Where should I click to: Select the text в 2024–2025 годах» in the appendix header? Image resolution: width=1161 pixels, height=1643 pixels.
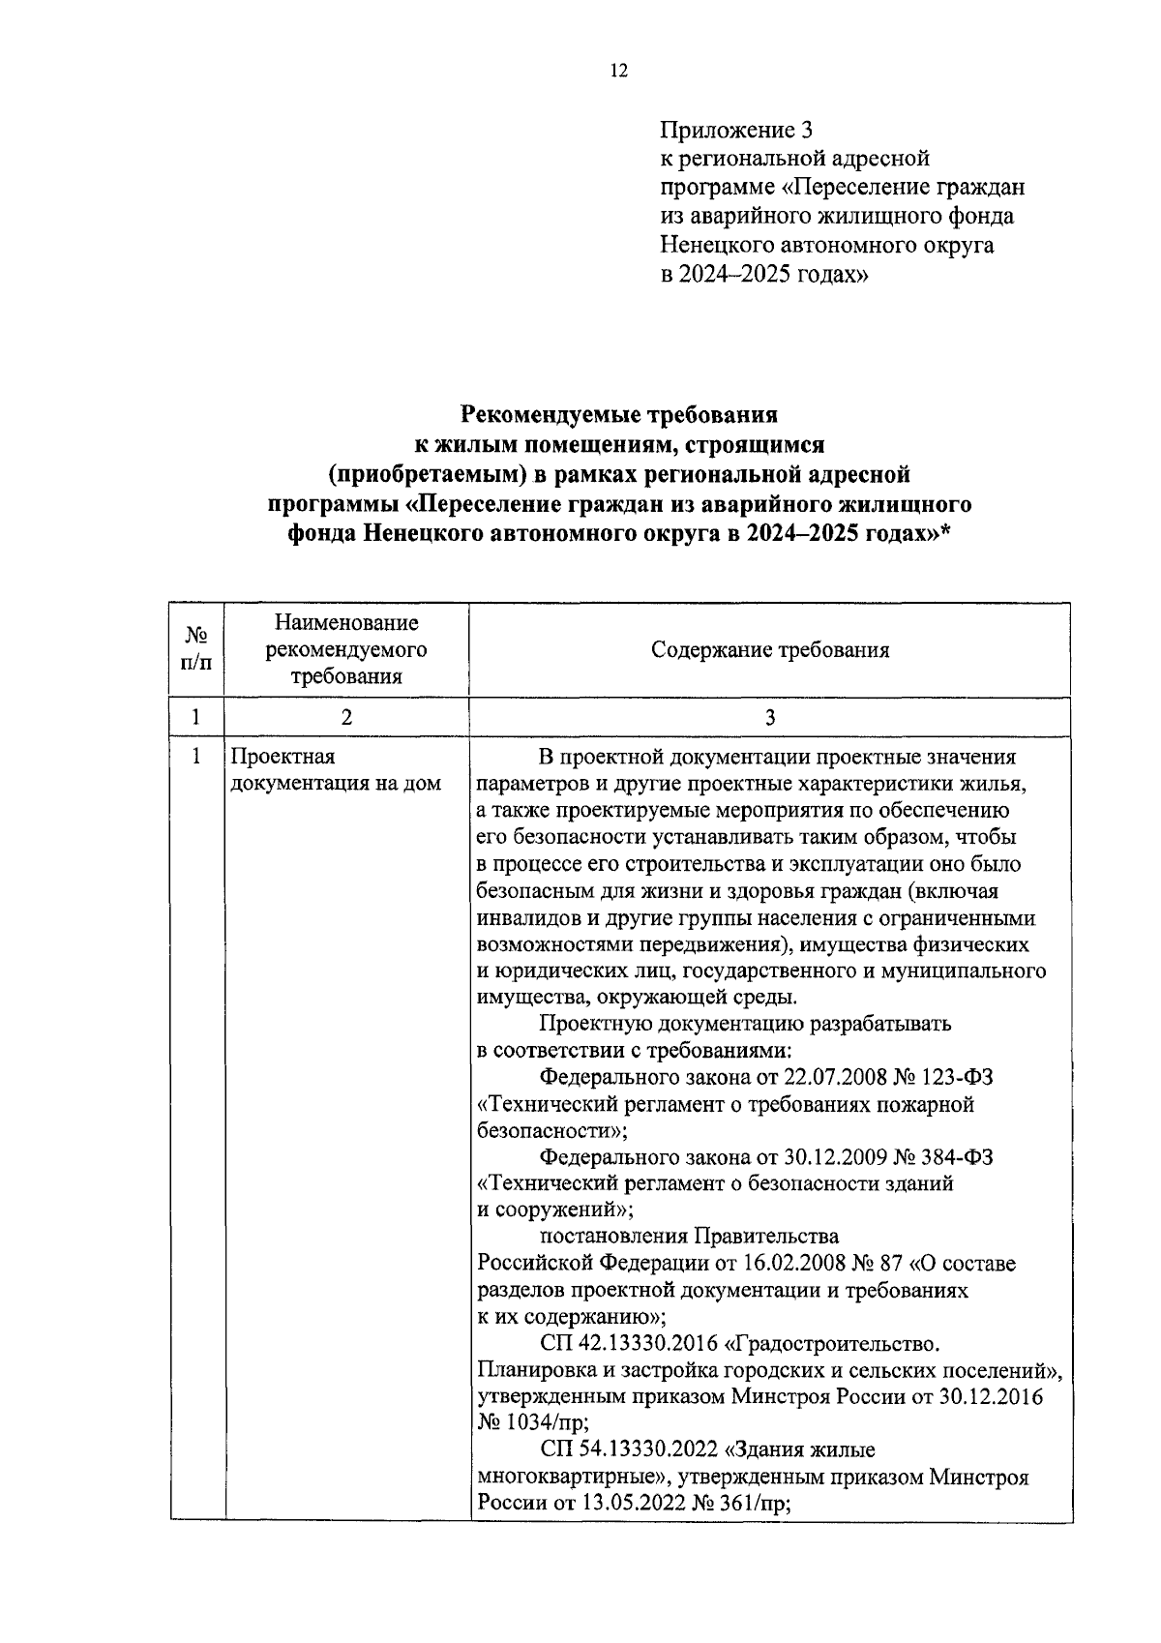764,274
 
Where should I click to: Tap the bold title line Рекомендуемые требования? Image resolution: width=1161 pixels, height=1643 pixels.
619,416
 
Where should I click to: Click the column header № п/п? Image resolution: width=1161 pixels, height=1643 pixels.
196,649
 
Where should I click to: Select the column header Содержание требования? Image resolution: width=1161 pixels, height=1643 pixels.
770,650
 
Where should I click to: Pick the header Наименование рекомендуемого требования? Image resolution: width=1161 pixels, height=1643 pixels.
346,649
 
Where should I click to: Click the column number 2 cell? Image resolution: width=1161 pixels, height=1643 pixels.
346,717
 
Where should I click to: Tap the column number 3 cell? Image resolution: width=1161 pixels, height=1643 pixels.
770,717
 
